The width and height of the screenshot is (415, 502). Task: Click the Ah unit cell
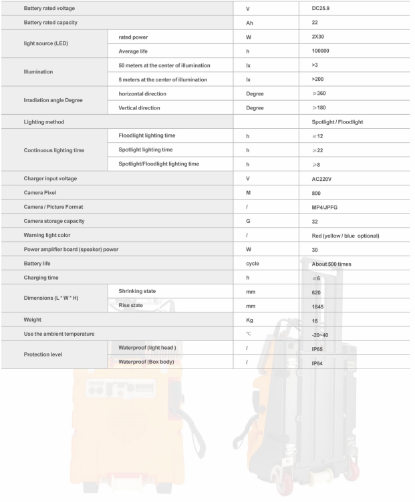coord(250,24)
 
